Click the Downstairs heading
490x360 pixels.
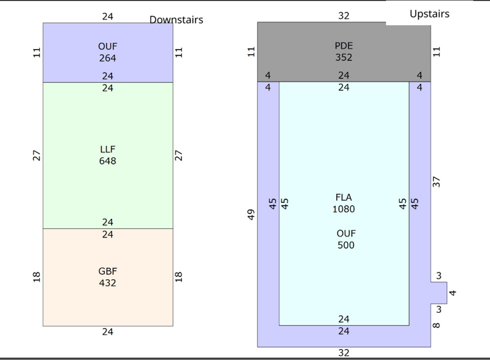[x=176, y=20]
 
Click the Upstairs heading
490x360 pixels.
[x=429, y=13]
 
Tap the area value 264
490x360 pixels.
[x=108, y=58]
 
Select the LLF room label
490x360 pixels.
[x=108, y=149]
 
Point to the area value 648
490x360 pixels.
[x=108, y=161]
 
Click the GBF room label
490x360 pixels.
[x=108, y=271]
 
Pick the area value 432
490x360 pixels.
[x=108, y=283]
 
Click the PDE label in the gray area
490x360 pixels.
[x=344, y=46]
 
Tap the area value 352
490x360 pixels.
[x=344, y=58]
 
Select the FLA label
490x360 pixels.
[x=344, y=197]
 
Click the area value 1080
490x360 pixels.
[x=344, y=209]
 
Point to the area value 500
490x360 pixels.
[x=346, y=245]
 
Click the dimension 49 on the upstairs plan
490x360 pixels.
[x=251, y=215]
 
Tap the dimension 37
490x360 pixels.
[x=436, y=182]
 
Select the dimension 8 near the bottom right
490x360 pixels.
[x=436, y=325]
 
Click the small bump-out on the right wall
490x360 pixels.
[x=439, y=293]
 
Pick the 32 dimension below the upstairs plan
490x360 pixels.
[x=344, y=353]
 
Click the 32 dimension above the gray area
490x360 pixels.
[x=344, y=16]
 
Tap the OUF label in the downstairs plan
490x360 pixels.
[x=108, y=47]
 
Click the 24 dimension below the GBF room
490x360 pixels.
[x=108, y=332]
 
